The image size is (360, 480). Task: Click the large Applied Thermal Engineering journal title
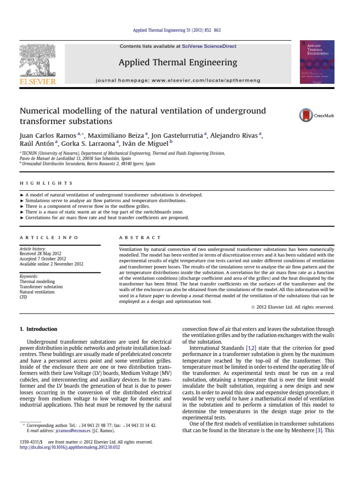tap(178, 62)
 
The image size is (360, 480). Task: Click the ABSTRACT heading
tap(140, 238)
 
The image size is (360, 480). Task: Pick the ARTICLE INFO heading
tap(49, 238)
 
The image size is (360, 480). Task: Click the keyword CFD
tap(23, 297)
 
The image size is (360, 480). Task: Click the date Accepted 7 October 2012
tap(43, 259)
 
